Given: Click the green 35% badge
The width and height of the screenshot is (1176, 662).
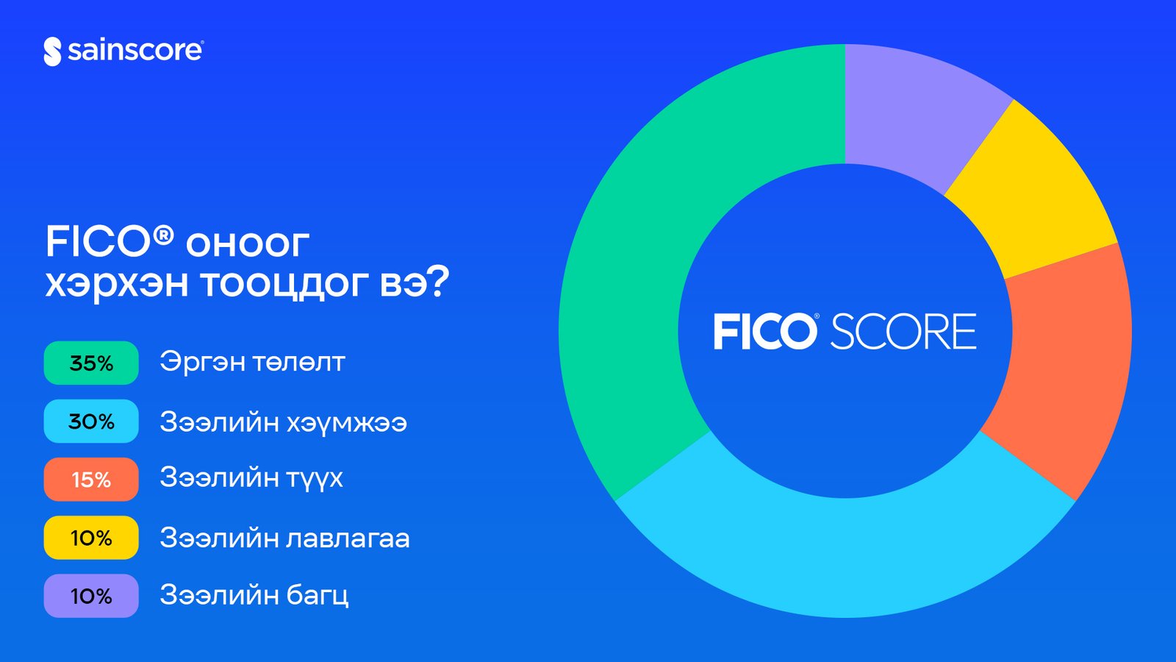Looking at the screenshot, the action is tap(91, 363).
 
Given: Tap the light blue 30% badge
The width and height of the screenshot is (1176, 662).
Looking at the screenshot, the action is tap(91, 421).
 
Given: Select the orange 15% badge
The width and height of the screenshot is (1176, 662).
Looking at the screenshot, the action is tap(91, 480).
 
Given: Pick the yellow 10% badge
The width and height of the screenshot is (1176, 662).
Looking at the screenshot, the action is tap(91, 538).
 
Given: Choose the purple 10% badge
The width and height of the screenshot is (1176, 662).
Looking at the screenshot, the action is tap(91, 597).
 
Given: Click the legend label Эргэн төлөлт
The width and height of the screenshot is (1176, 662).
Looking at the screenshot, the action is tap(252, 362).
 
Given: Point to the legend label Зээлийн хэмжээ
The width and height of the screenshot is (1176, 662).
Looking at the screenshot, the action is tap(284, 422).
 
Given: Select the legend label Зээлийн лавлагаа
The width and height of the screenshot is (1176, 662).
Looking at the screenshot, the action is tap(284, 538).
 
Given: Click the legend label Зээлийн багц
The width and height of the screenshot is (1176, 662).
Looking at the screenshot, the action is tap(254, 596).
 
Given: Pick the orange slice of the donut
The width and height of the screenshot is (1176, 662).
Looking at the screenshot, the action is tap(1066, 368).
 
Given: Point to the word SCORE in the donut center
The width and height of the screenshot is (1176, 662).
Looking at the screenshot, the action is tap(903, 332).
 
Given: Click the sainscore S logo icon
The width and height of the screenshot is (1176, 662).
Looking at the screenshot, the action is tap(52, 51).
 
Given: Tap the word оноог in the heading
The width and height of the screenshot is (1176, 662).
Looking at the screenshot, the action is tap(248, 243).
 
